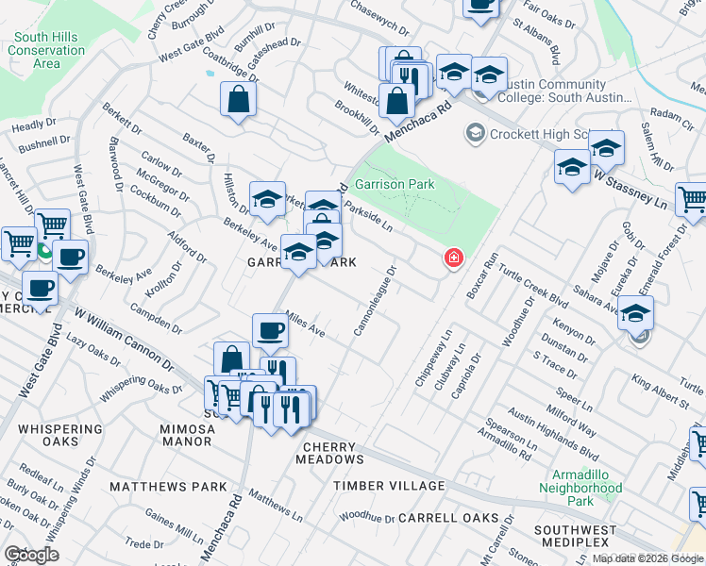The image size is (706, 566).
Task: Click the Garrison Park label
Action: (x=394, y=184)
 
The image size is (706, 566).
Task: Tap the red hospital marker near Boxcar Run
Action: (x=454, y=258)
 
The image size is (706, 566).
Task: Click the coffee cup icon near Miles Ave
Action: (x=270, y=331)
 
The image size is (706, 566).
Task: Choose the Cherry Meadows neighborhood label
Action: (x=332, y=452)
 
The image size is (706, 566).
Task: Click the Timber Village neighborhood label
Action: (x=388, y=486)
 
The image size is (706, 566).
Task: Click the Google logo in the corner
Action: (x=31, y=555)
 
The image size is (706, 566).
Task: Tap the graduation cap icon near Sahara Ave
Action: (x=636, y=313)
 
